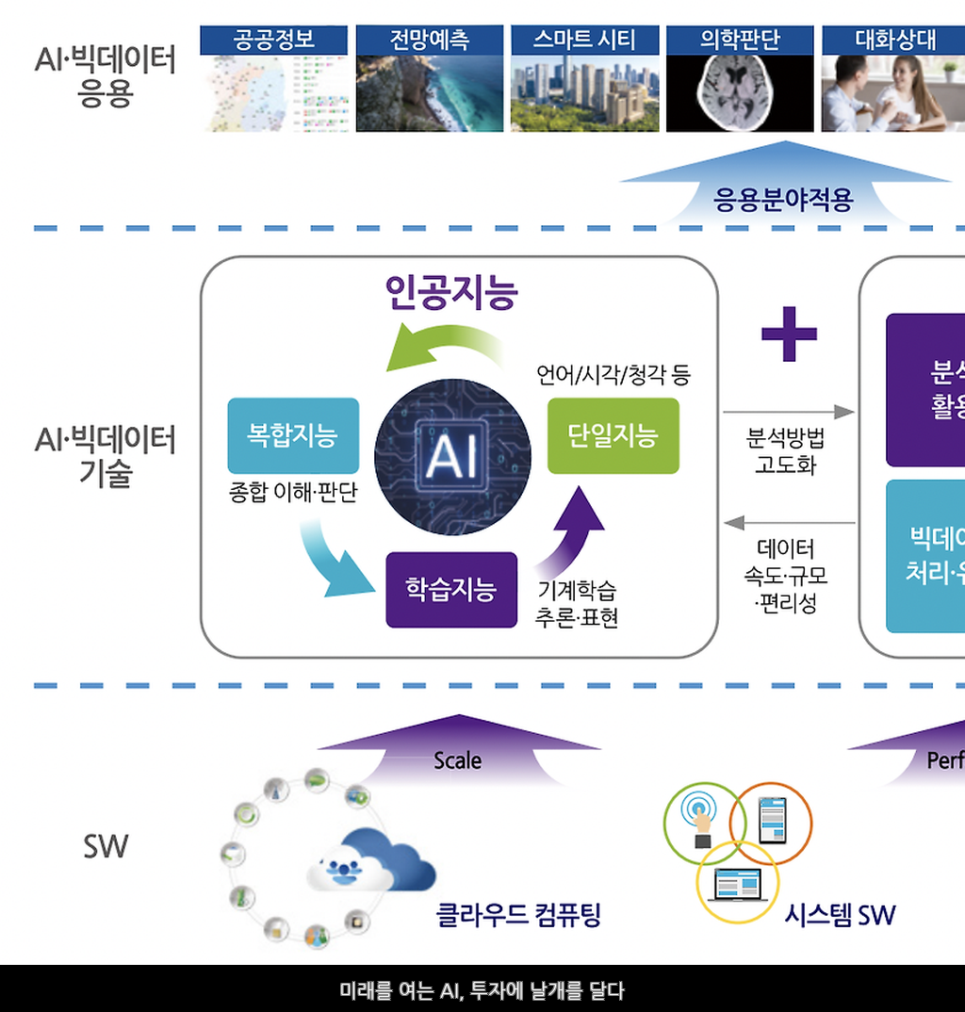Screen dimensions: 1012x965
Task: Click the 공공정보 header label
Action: pyautogui.click(x=273, y=40)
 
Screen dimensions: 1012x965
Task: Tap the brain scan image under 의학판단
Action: pyautogui.click(x=740, y=92)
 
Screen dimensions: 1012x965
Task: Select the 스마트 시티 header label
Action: pyautogui.click(x=584, y=40)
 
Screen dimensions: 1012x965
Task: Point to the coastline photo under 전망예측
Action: pyautogui.click(x=429, y=92)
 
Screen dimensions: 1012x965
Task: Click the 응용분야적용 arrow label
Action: pyautogui.click(x=784, y=200)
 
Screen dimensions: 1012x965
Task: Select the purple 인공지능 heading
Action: pyautogui.click(x=451, y=292)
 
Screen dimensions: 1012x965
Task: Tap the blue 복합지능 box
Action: pyautogui.click(x=293, y=435)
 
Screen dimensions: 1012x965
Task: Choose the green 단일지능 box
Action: pyautogui.click(x=613, y=435)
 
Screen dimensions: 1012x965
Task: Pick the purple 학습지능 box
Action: pyautogui.click(x=451, y=590)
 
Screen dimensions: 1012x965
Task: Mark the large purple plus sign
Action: pyautogui.click(x=789, y=333)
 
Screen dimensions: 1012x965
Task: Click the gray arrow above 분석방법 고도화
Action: pyautogui.click(x=788, y=412)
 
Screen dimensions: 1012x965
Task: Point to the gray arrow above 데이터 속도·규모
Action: pyautogui.click(x=788, y=523)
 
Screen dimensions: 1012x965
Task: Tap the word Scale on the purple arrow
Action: pyautogui.click(x=458, y=760)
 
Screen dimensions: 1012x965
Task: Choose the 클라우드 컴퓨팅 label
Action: pyautogui.click(x=518, y=914)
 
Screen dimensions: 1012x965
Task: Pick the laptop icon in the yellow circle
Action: pyautogui.click(x=737, y=884)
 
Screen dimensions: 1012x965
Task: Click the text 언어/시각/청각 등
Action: pyautogui.click(x=613, y=375)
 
